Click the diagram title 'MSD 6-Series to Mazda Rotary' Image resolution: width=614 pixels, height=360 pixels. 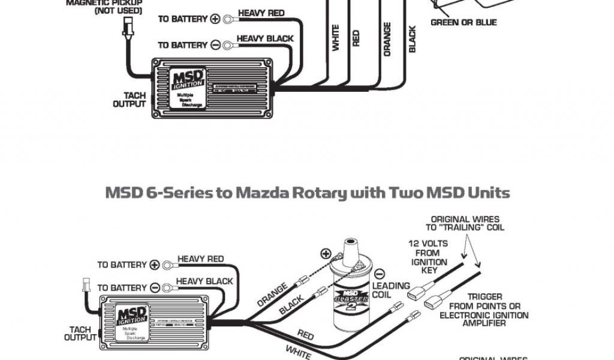(x=308, y=193)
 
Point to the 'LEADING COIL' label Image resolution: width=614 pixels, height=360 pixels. (x=391, y=290)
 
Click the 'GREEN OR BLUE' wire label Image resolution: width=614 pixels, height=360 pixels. (x=463, y=23)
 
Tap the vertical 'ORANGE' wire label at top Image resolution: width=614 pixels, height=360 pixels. (x=387, y=40)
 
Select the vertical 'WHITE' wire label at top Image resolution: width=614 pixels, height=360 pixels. (x=336, y=37)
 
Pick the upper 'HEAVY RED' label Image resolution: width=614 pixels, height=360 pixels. (x=261, y=13)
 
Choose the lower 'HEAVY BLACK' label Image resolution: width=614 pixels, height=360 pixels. (x=204, y=281)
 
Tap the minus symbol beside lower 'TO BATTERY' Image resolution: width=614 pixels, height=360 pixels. (x=155, y=288)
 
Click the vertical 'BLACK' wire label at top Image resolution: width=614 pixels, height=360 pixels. (x=413, y=38)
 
